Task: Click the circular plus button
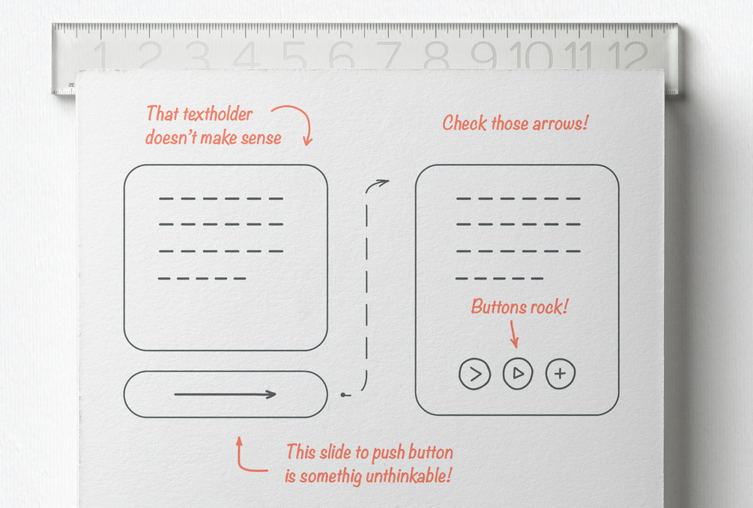[x=560, y=374]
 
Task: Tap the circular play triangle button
[x=518, y=373]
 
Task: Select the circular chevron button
[x=474, y=374]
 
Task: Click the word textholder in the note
[x=218, y=115]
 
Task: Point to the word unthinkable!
[x=408, y=476]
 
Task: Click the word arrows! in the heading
[x=560, y=124]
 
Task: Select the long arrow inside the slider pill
[x=225, y=395]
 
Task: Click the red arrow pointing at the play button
[x=513, y=334]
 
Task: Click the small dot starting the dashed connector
[x=343, y=395]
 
